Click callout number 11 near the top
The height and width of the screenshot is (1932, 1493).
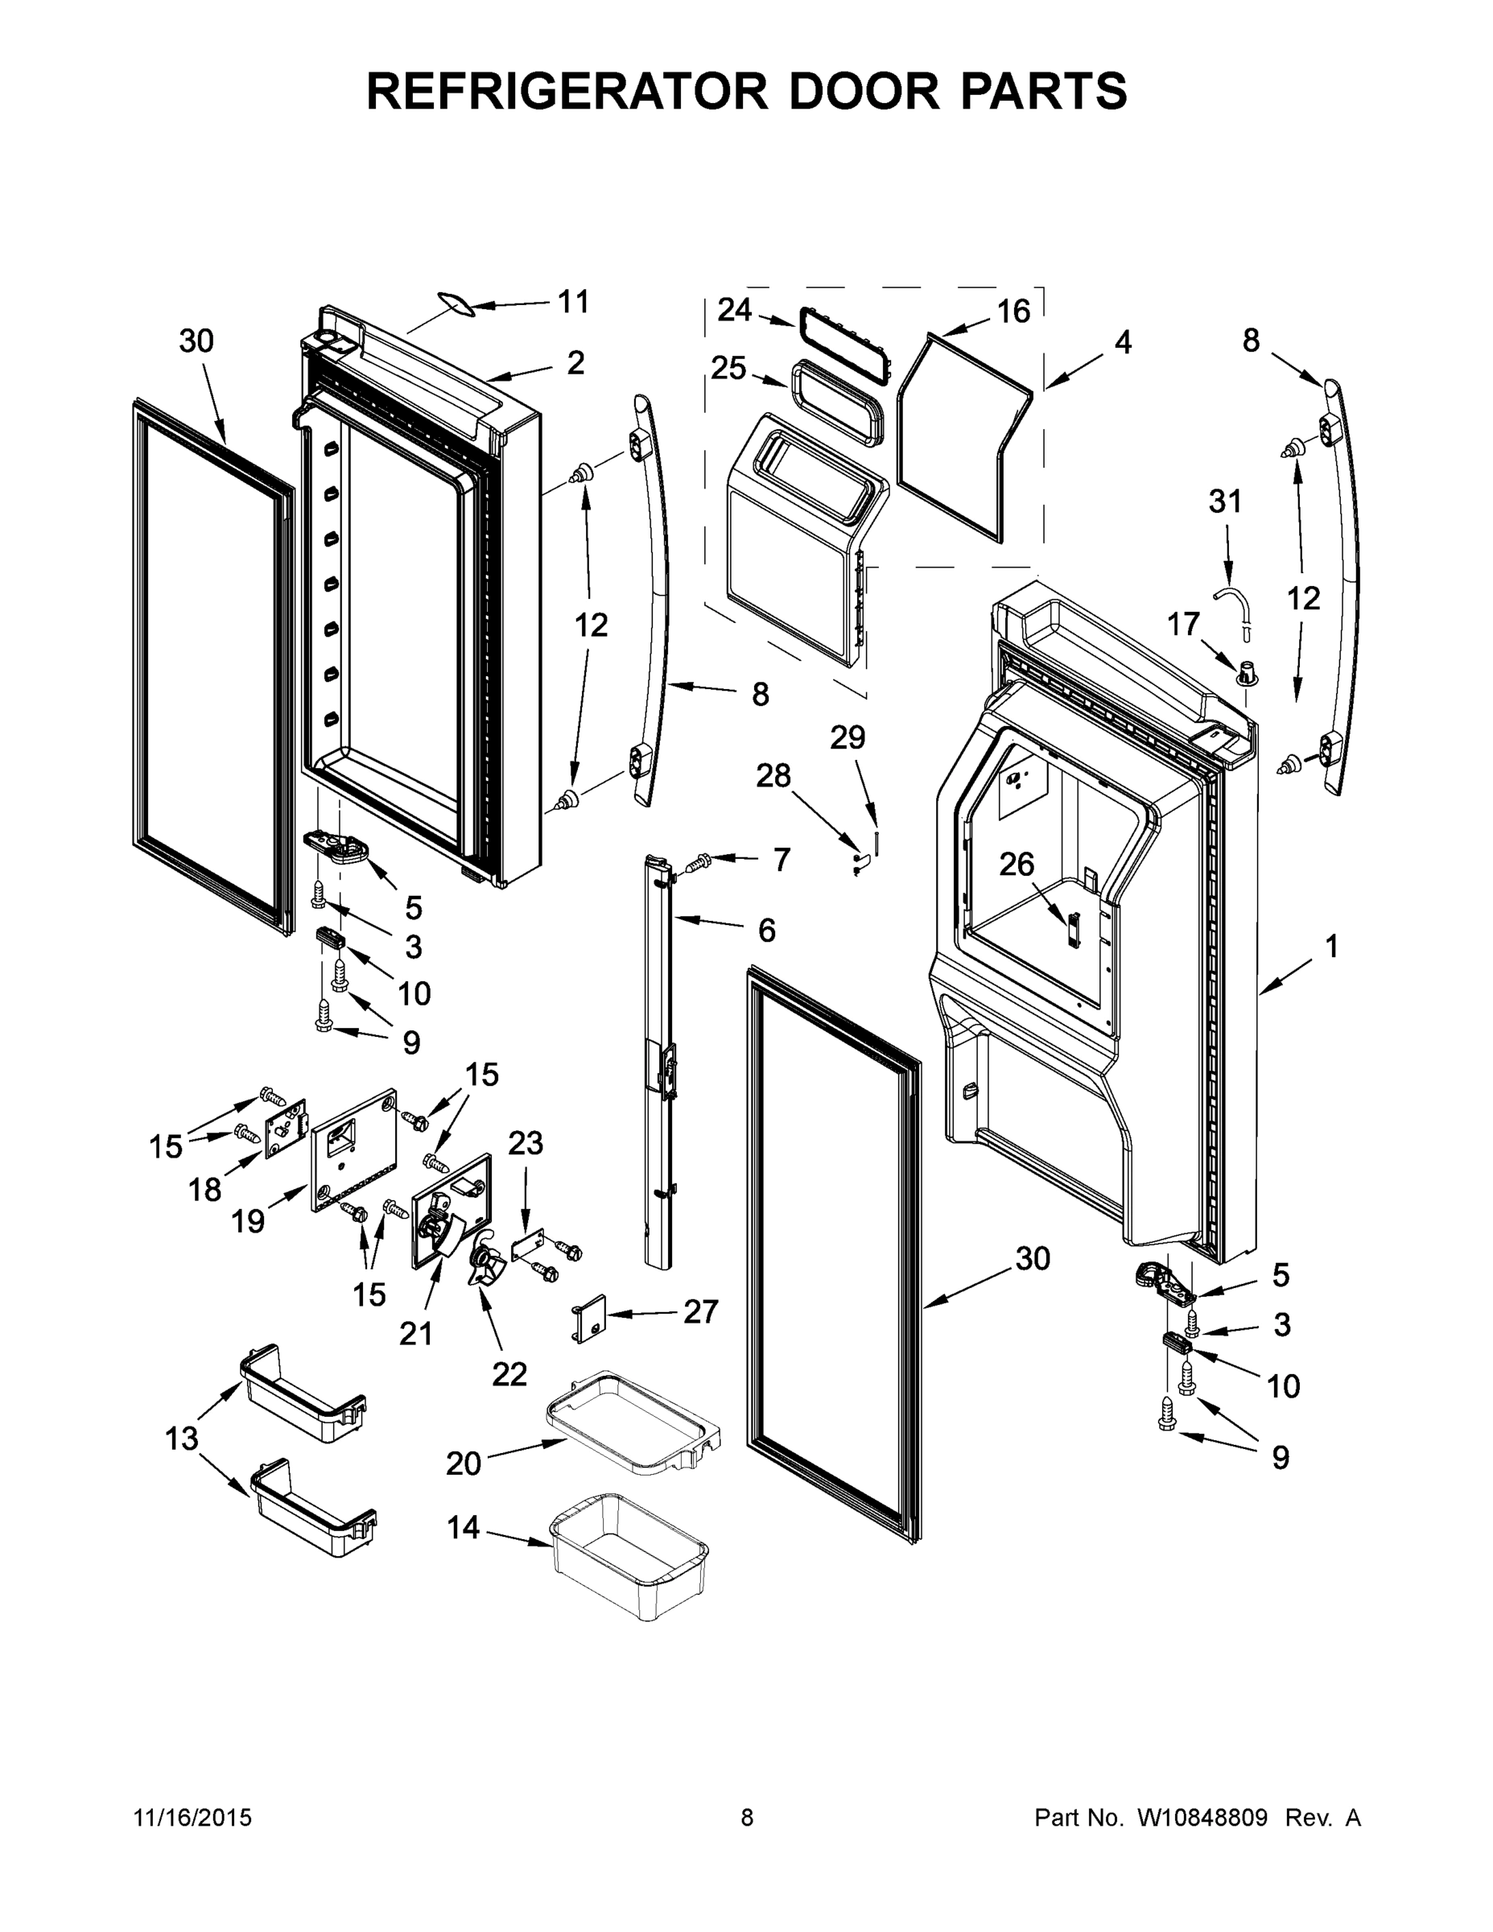[573, 302]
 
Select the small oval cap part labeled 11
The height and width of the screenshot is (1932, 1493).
[456, 303]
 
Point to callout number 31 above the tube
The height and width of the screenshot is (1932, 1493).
[1225, 502]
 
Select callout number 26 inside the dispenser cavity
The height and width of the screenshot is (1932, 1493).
[1017, 864]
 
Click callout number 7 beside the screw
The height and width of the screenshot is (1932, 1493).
[781, 859]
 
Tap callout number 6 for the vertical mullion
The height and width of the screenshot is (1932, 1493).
[766, 930]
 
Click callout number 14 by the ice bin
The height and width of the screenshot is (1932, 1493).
[464, 1527]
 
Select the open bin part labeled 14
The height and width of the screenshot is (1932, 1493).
[629, 1554]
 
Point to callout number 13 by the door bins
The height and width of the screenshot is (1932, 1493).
[182, 1439]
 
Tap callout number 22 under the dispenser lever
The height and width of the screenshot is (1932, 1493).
[509, 1374]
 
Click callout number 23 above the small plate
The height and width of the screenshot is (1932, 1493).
[526, 1143]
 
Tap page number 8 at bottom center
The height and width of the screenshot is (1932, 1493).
[747, 1817]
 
